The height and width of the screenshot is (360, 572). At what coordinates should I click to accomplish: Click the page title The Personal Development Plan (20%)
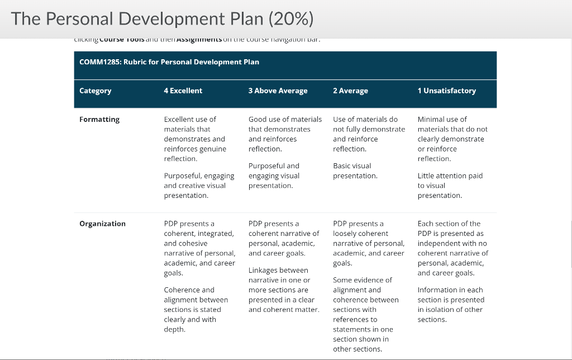pos(162,19)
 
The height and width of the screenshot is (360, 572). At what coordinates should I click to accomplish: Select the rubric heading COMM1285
pos(169,62)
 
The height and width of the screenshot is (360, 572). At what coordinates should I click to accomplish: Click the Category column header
pos(96,91)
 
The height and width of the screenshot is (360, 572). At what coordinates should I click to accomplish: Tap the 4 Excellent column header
pos(183,91)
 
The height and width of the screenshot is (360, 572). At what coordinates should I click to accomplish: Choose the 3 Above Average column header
pos(278,91)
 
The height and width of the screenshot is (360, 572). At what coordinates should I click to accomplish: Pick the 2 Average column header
pos(350,91)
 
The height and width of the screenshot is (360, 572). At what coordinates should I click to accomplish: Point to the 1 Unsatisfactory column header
pos(446,91)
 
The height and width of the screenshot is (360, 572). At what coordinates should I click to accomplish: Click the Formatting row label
pos(99,119)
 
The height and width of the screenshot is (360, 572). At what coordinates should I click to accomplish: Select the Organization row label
pos(102,224)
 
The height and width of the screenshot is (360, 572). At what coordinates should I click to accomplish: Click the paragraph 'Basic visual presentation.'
pos(355,171)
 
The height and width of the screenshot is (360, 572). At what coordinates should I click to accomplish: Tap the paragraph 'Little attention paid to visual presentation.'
pos(450,186)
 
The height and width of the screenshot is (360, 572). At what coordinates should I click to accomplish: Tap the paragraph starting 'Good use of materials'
pos(285,134)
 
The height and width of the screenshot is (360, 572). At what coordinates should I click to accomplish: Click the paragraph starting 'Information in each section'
pos(450,305)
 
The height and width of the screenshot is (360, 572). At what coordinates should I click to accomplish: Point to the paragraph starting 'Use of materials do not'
pos(369,134)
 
